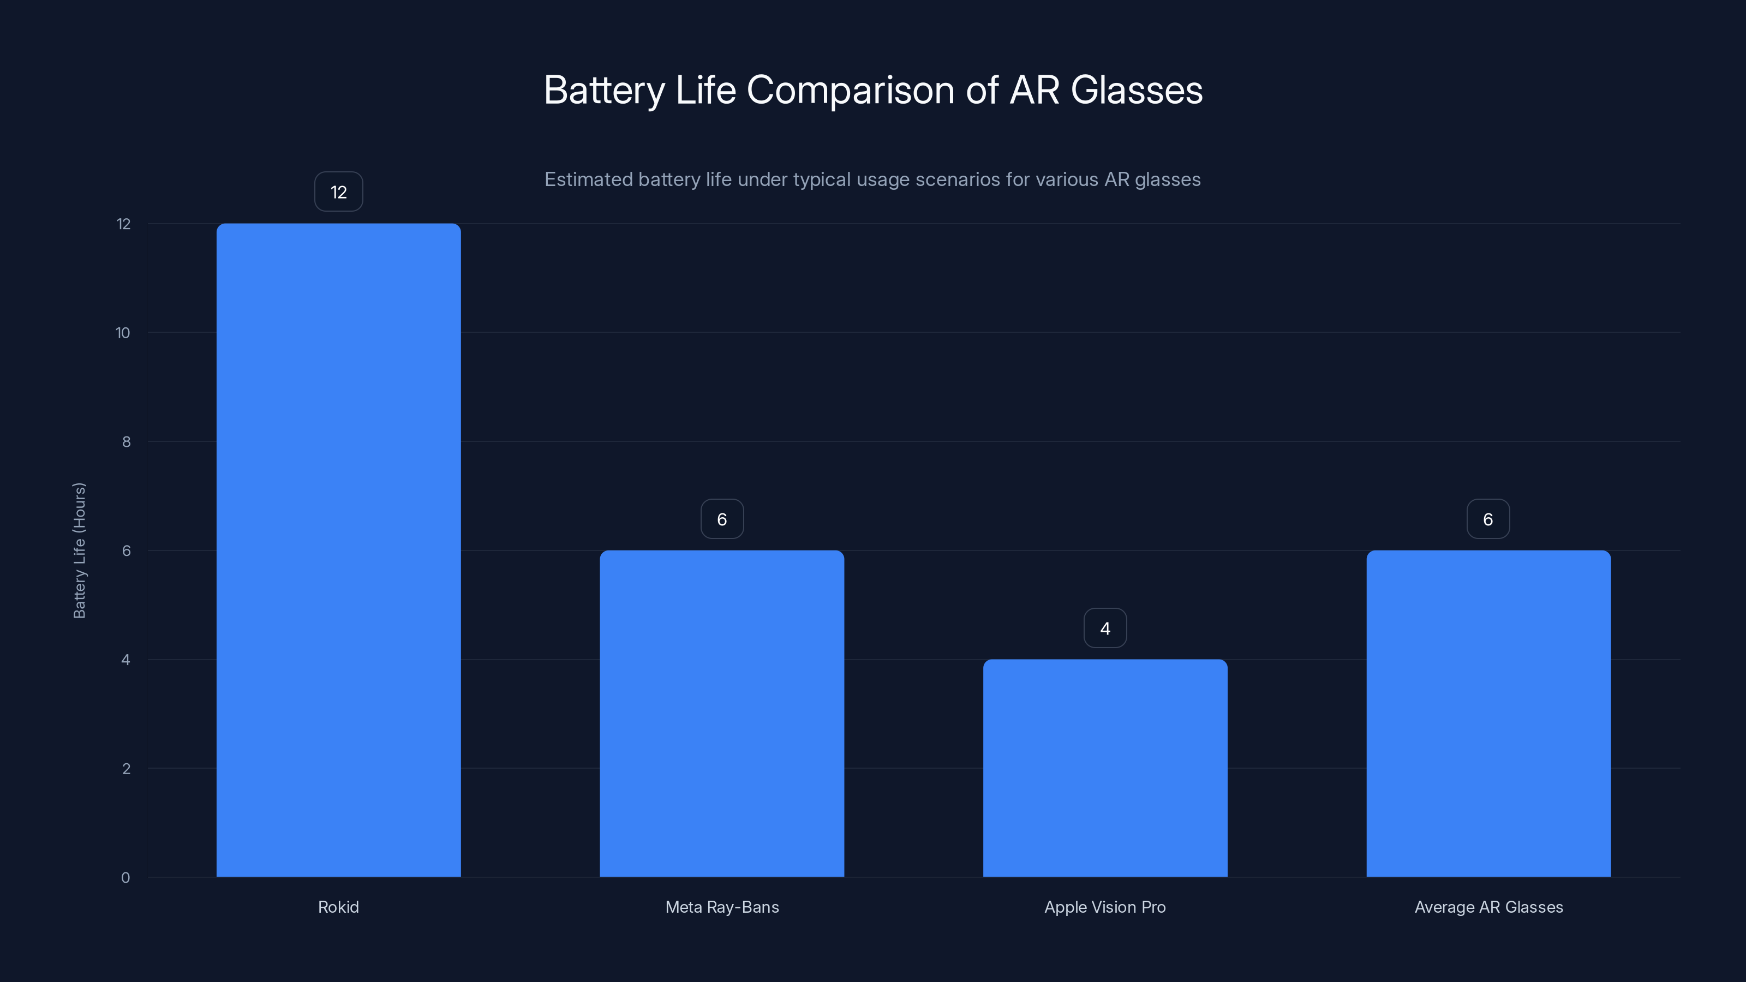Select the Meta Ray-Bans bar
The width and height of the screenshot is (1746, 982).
[722, 713]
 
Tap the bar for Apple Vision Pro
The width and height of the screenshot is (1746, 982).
[1105, 768]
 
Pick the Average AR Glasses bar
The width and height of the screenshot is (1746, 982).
[1488, 713]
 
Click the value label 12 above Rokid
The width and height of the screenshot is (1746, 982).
[338, 192]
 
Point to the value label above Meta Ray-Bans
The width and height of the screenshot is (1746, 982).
[722, 519]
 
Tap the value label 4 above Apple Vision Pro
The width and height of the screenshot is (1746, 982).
[1105, 628]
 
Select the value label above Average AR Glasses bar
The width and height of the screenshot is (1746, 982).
[1488, 519]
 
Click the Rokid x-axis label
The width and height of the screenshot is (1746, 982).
[338, 907]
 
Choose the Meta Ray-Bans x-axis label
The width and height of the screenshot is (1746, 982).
[722, 907]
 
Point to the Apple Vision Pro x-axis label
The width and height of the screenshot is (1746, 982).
[1105, 907]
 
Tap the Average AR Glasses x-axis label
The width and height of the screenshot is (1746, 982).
[1488, 907]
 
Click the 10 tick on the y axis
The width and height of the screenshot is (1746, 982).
[123, 333]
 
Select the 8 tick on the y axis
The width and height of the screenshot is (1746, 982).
[126, 442]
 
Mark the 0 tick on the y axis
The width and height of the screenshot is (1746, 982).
[125, 878]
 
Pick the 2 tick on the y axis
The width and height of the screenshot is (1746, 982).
[126, 769]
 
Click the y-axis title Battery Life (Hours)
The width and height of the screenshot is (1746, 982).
[79, 550]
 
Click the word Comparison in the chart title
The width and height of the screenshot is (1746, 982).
[851, 90]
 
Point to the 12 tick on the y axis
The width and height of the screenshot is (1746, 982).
[123, 224]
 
